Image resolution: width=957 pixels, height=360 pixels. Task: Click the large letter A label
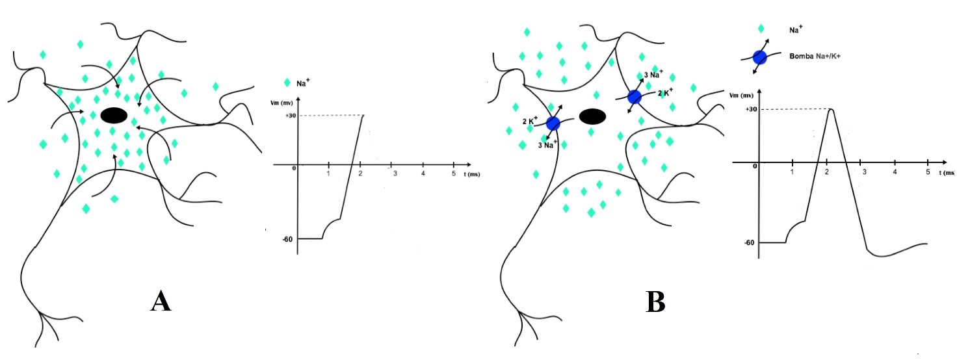(161, 302)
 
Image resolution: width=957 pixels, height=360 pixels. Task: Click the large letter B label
(655, 302)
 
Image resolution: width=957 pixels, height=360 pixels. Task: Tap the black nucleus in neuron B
(592, 116)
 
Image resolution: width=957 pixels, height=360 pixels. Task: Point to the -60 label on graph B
(750, 242)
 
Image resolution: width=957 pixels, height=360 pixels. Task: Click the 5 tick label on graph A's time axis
(453, 174)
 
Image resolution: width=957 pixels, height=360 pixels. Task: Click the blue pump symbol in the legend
(759, 57)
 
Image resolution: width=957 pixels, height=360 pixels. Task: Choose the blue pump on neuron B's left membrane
(553, 123)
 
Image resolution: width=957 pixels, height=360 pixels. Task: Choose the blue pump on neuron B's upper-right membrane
(635, 97)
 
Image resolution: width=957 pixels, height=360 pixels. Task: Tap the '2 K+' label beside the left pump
(530, 121)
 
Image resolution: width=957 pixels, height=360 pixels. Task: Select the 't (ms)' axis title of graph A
(471, 174)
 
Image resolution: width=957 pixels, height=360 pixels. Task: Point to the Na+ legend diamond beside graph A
(287, 83)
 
